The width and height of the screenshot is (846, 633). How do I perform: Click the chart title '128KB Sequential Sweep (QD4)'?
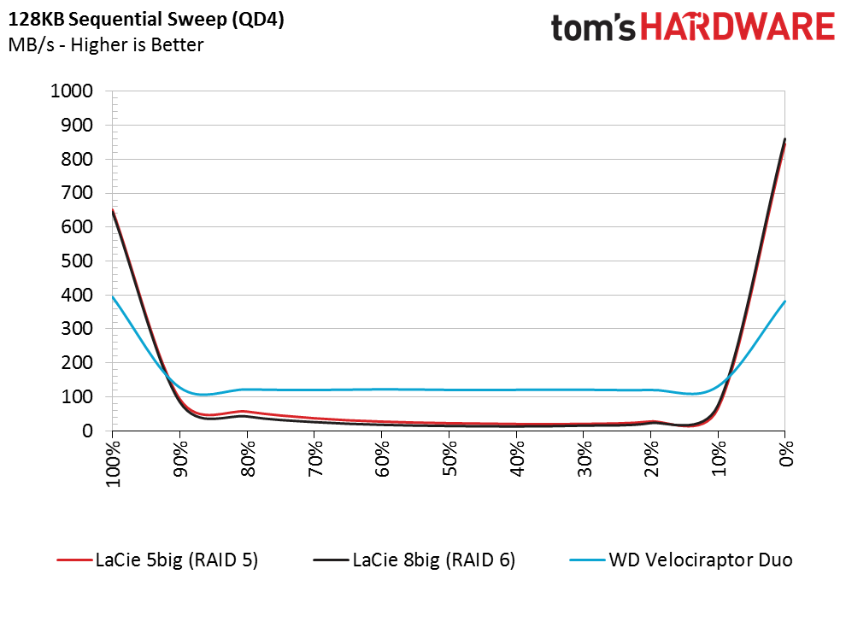(146, 20)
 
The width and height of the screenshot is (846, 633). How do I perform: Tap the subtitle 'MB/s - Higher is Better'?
(106, 44)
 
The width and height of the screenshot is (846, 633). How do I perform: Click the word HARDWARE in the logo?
(737, 27)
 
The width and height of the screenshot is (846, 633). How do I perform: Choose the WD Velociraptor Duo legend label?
(701, 560)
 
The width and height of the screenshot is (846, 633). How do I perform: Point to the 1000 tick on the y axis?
(72, 91)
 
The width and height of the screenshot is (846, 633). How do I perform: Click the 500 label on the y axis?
(77, 261)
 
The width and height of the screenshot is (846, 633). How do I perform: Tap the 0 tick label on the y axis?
(87, 431)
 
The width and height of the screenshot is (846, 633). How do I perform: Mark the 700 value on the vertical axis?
(77, 192)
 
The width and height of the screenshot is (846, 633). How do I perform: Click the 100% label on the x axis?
(113, 464)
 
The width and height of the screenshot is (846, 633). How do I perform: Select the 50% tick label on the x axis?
(449, 459)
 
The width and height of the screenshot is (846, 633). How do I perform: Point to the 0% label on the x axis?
(786, 454)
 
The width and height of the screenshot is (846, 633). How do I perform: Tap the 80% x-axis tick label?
(248, 459)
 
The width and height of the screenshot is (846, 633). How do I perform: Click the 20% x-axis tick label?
(651, 459)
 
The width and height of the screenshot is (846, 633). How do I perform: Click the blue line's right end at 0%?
(784, 302)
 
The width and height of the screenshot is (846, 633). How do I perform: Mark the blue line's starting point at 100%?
(113, 296)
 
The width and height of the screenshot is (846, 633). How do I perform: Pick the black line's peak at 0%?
(784, 139)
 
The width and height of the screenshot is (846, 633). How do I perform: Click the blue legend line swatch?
(587, 560)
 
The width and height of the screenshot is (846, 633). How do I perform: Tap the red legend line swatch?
(73, 560)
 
